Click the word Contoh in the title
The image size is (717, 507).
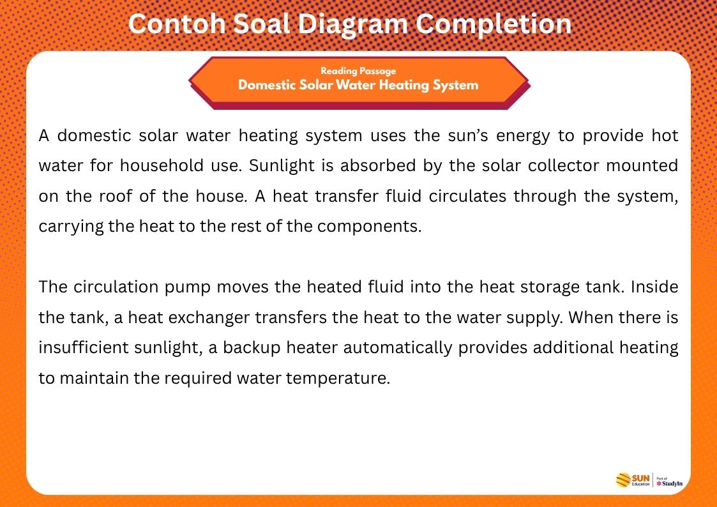(x=176, y=24)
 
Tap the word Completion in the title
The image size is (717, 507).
(x=494, y=25)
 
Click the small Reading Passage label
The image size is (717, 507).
(x=358, y=71)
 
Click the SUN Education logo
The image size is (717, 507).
(x=633, y=480)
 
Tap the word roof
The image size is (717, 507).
(x=114, y=196)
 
